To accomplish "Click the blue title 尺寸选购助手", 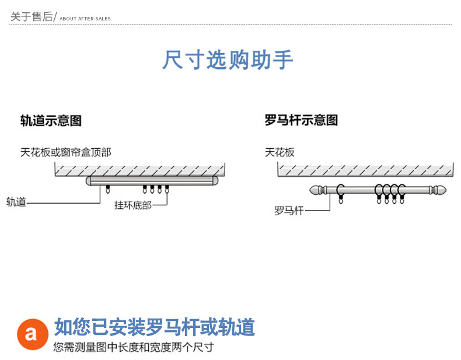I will (x=228, y=60).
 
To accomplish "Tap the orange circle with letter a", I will (x=33, y=334).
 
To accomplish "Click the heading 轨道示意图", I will (x=51, y=121).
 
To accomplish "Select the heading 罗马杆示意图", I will (x=301, y=120).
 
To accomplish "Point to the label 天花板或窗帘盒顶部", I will (x=65, y=152).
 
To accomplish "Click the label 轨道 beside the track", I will (x=16, y=202).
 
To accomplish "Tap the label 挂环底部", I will (x=132, y=205).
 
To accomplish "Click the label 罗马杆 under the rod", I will (x=289, y=211).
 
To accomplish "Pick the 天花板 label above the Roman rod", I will (x=280, y=152).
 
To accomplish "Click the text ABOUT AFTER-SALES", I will (x=85, y=19).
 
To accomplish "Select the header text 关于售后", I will (x=32, y=16).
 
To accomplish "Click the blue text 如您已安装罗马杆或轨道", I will (x=155, y=327).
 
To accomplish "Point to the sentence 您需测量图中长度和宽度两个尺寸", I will (x=134, y=347).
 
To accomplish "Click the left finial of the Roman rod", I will (x=317, y=190).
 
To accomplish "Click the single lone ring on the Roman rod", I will (x=341, y=191).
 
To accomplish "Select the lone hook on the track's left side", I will (x=108, y=189).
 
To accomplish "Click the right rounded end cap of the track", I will (x=215, y=181).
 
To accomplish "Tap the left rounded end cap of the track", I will (x=89, y=181).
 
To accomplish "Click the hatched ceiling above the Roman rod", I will (x=365, y=170).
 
